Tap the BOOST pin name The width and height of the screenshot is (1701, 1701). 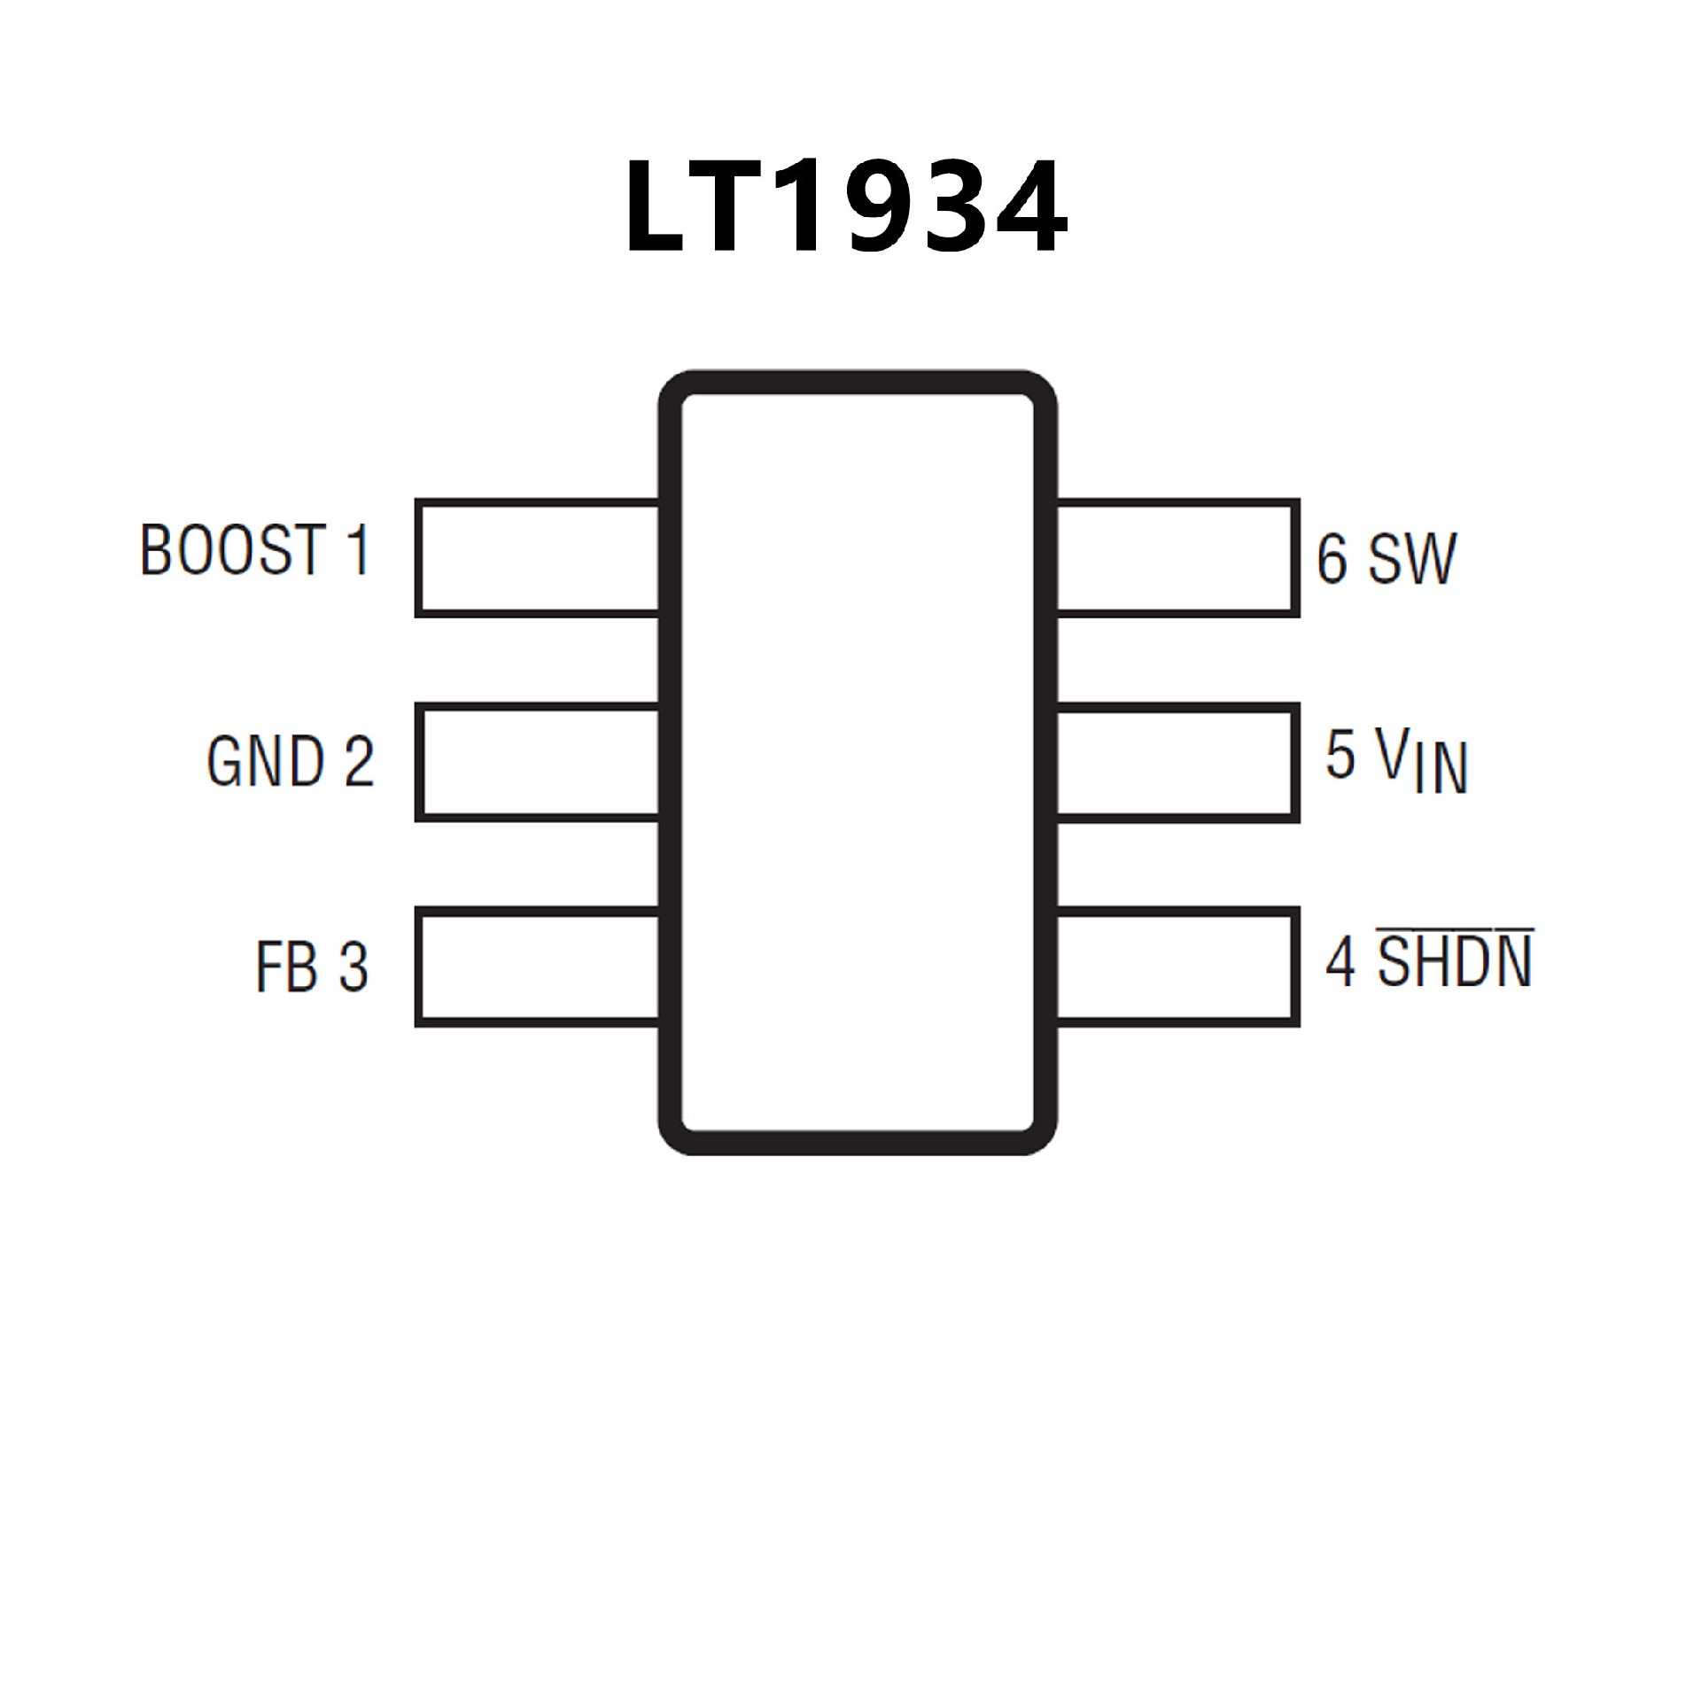coord(231,550)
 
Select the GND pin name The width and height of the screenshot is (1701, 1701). coord(265,761)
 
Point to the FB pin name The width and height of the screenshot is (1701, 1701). coord(286,967)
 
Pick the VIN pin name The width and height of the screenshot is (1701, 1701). coord(1423,763)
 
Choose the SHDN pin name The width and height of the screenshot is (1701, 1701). coord(1455,963)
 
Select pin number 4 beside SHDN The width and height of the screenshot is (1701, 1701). coord(1340,963)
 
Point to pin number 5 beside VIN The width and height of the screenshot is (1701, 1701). coord(1340,754)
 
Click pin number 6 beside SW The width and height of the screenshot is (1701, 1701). coord(1332,559)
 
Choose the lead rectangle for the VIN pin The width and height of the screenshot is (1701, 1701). coord(1177,763)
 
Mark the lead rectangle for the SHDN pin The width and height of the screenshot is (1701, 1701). coord(1177,967)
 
